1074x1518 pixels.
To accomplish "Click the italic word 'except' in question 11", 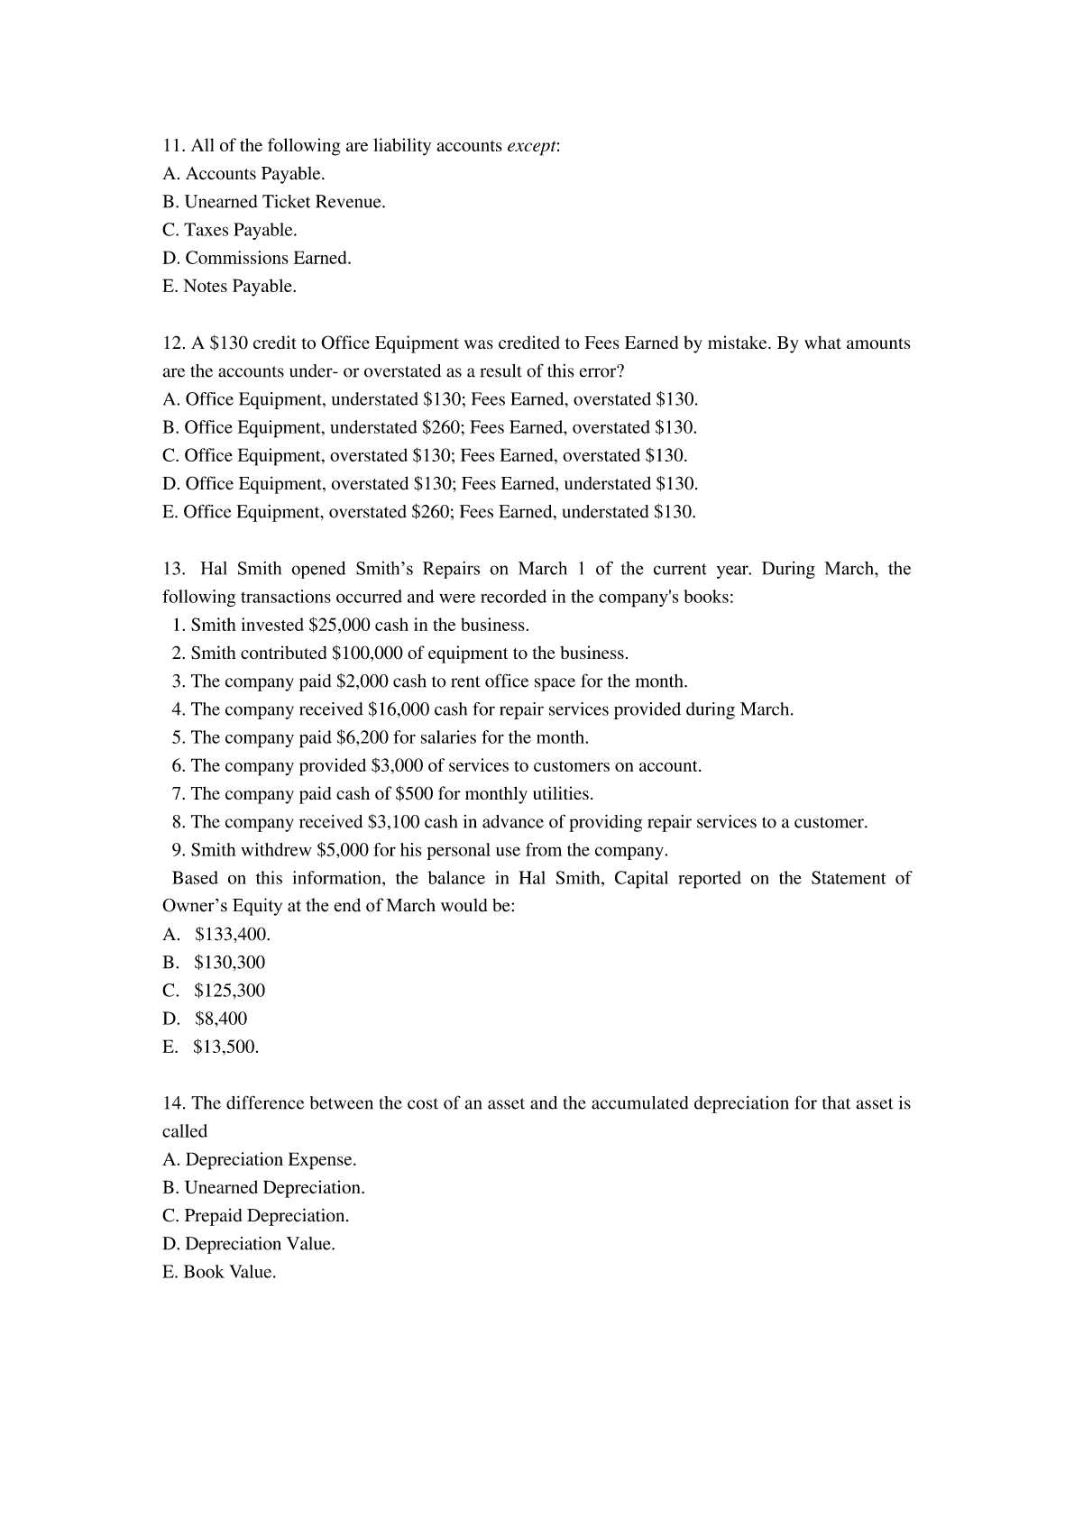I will pos(532,146).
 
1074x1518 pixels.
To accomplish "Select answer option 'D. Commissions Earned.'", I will pos(257,259).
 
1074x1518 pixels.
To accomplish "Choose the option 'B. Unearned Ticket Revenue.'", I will pos(274,202).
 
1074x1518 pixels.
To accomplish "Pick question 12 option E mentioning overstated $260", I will pos(429,513).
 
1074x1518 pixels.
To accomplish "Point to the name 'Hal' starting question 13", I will pos(214,569).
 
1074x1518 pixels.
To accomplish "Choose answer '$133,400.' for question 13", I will pos(232,935).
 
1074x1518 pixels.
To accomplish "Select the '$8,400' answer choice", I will pos(220,1020).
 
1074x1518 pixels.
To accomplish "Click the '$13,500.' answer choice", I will pos(225,1047).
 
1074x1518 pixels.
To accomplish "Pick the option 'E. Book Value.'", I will pos(219,1273).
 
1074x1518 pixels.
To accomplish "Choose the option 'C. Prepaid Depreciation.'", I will pos(255,1216).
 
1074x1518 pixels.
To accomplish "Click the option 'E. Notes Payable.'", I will pos(229,287).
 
